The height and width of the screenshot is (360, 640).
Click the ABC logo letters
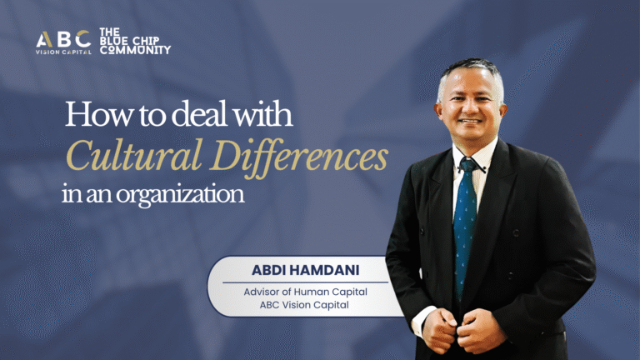pos(63,38)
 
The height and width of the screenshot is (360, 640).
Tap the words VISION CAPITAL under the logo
pos(63,52)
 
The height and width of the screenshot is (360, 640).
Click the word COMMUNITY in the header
pos(135,50)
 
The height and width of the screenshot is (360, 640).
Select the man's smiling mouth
pos(472,122)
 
